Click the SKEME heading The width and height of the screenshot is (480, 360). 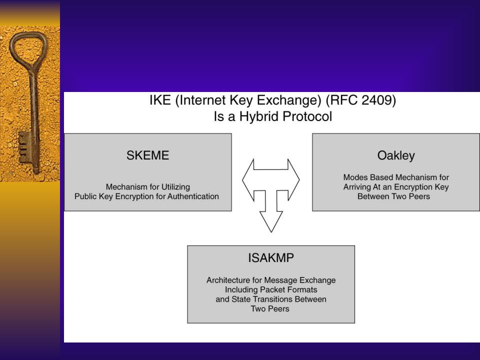147,155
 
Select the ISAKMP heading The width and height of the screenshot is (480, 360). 271,258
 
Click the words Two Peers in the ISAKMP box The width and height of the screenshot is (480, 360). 270,308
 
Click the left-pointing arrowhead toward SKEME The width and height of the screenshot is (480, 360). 248,180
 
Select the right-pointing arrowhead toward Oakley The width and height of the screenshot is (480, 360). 293,180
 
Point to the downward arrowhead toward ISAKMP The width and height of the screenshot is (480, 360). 271,221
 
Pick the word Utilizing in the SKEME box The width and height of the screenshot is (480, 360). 175,187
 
